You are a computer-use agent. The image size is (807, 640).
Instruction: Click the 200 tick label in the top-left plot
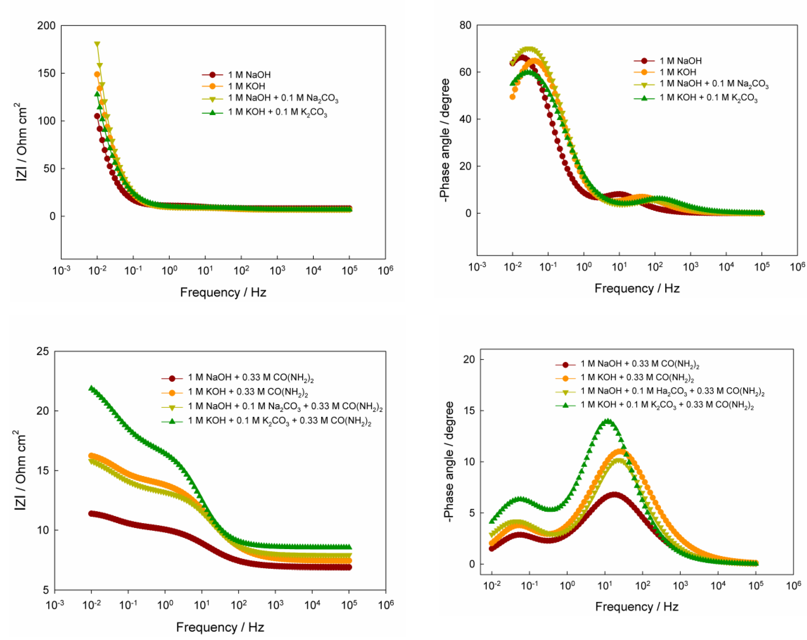coord(46,26)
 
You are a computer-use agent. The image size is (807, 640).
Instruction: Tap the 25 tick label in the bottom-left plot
coord(43,351)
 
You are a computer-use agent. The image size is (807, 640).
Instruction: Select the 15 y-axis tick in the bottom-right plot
coord(467,411)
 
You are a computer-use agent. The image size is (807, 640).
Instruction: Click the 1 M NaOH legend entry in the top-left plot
coord(249,74)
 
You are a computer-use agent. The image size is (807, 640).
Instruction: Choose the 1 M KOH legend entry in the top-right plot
coord(678,72)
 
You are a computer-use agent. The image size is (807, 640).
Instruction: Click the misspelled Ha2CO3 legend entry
coord(672,391)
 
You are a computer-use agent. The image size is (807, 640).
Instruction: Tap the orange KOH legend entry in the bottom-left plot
coord(247,392)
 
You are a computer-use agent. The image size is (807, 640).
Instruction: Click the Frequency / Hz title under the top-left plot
coord(223,292)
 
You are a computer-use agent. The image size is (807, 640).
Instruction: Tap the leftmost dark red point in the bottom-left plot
coord(91,513)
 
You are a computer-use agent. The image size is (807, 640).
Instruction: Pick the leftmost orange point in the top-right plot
coord(512,97)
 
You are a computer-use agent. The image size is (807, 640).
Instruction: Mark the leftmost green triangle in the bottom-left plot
coord(91,388)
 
